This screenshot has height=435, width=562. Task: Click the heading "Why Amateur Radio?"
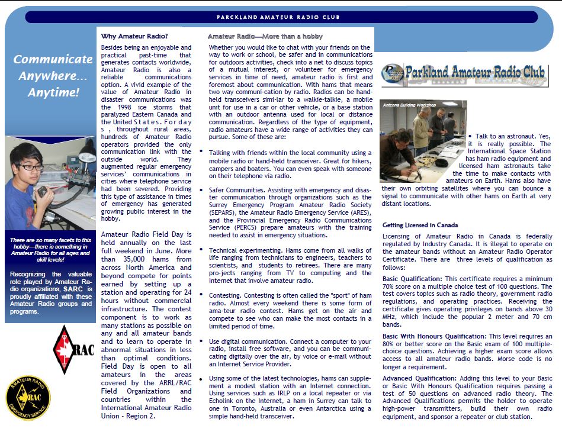click(x=134, y=36)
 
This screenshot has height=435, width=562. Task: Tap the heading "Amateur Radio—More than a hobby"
click(x=265, y=37)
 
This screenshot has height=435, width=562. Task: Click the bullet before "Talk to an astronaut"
click(x=470, y=136)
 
